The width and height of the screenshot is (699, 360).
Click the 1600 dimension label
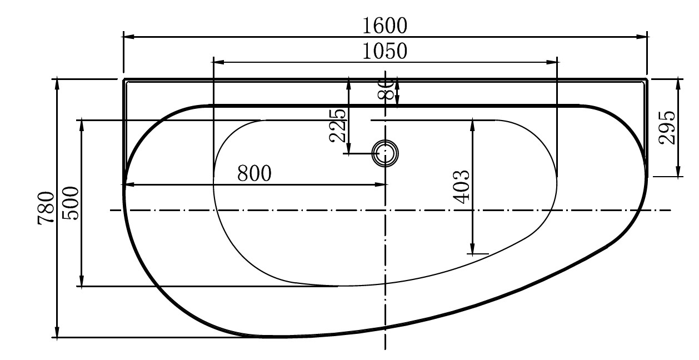[385, 25]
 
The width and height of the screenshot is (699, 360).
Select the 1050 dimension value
[385, 51]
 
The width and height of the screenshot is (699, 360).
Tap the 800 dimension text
[254, 174]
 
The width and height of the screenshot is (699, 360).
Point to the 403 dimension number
[462, 186]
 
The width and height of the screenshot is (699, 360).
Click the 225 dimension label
[338, 125]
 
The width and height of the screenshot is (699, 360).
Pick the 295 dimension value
[667, 128]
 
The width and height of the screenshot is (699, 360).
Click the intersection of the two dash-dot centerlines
[385, 210]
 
